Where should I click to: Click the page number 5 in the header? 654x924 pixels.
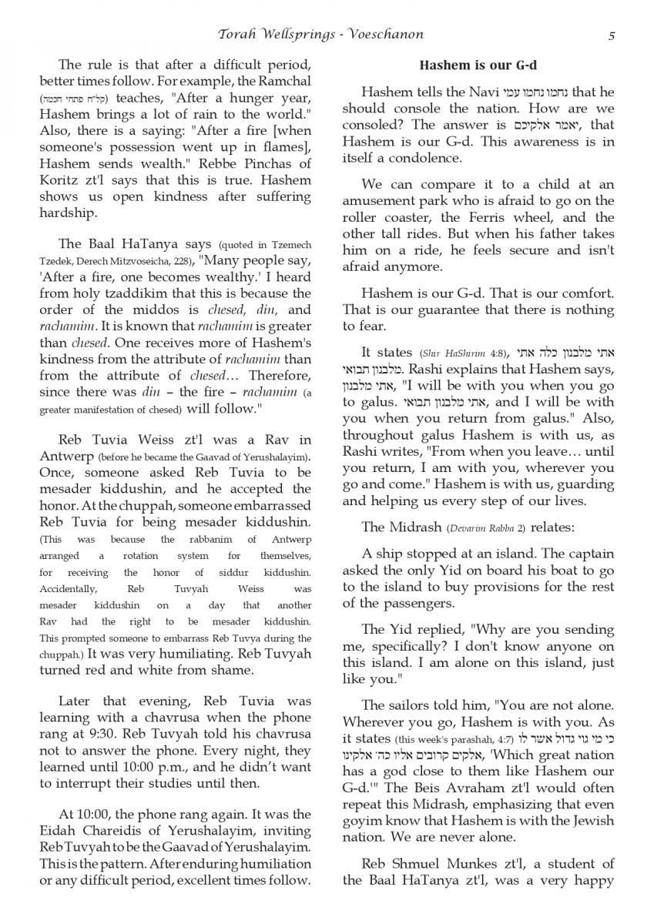pyautogui.click(x=611, y=35)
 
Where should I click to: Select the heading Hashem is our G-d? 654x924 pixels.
pyautogui.click(x=478, y=65)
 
